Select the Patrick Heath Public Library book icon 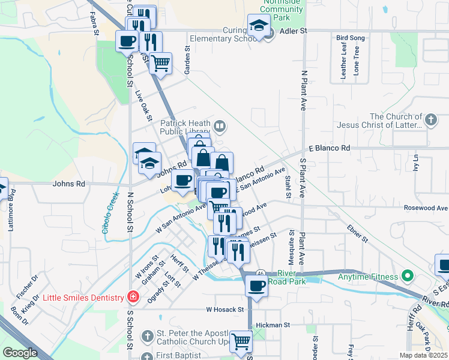tap(220, 126)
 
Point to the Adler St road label tap(295, 30)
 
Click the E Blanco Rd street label tap(329, 148)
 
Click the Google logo tap(20, 353)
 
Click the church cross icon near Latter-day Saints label tap(430, 121)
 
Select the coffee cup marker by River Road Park tap(256, 286)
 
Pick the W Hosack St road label tap(225, 310)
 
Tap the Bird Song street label tap(351, 38)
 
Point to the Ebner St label tap(357, 234)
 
